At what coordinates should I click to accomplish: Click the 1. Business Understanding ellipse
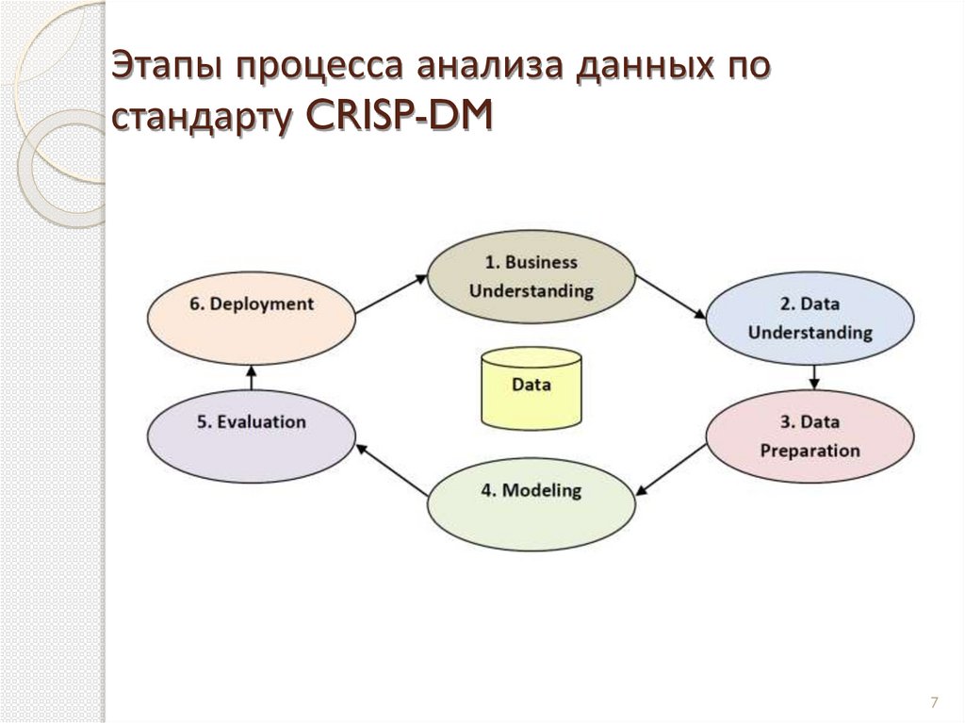(532, 276)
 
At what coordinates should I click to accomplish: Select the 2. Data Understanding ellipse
(810, 318)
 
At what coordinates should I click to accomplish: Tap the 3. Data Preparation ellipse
(810, 435)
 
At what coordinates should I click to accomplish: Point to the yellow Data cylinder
(532, 386)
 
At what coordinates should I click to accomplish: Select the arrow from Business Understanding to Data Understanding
(671, 296)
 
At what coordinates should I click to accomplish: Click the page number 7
(933, 702)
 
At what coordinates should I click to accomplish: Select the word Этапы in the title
(169, 69)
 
